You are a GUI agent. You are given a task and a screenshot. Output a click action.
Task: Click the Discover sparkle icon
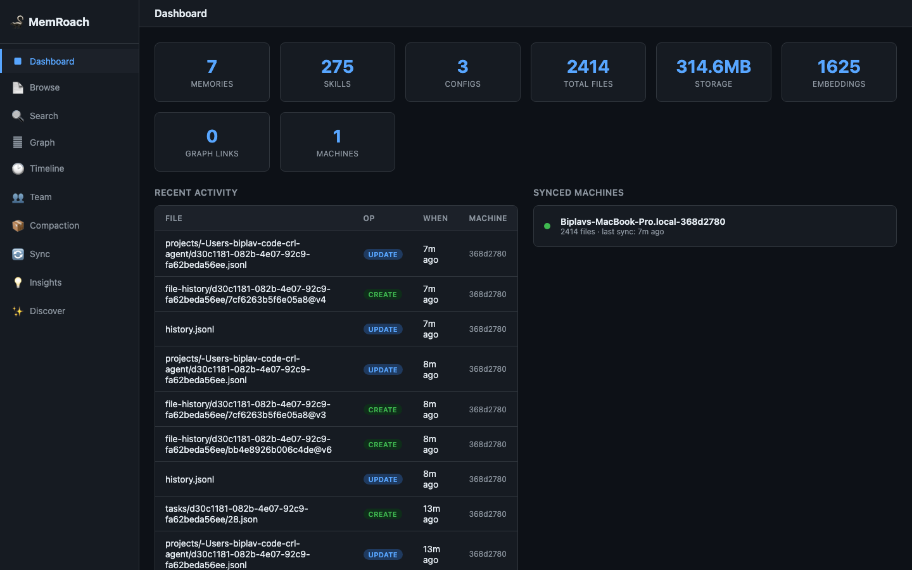coord(18,311)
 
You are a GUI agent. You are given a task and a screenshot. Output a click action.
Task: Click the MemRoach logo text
coord(59,22)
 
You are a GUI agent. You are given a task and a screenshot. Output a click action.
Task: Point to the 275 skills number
coord(337,66)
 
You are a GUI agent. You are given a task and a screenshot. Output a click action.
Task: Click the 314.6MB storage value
coord(713,66)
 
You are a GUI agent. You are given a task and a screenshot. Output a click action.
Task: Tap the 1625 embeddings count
coord(839,66)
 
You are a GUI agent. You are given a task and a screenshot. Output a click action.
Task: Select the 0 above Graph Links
coord(212,136)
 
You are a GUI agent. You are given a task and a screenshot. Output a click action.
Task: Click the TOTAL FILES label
coord(588,84)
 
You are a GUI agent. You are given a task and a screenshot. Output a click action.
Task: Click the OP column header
coord(369,218)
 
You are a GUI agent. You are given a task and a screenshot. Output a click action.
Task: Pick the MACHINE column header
coord(488,218)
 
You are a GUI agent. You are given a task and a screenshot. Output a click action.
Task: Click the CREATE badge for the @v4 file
coord(383,294)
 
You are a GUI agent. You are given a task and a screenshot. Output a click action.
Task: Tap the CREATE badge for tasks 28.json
coord(383,514)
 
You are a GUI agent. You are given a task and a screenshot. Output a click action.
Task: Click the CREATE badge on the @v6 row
coord(383,445)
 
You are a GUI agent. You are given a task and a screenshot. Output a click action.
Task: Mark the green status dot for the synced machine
coord(547,226)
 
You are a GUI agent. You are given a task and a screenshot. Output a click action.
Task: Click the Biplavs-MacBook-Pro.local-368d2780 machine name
coord(642,222)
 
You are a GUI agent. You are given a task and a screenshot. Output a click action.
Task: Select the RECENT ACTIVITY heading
coord(196,193)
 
